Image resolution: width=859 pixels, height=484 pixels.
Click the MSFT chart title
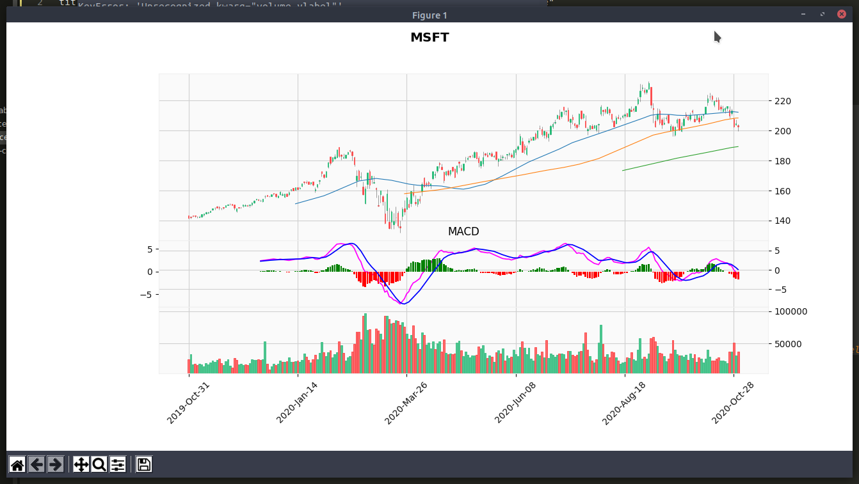coord(429,38)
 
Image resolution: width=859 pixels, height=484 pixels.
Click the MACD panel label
coord(463,231)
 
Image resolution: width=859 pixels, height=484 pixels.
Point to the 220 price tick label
coord(783,101)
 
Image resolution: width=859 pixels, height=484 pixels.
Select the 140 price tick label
coord(783,221)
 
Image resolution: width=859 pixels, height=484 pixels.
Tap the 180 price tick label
coord(783,161)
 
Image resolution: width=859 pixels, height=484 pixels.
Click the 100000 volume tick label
coord(791,312)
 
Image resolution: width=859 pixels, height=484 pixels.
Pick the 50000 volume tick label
coord(788,344)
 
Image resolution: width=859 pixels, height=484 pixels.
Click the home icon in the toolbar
coord(17,464)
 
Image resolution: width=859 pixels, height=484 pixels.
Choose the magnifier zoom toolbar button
coord(99,464)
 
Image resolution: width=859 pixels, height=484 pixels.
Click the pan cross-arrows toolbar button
coord(81,464)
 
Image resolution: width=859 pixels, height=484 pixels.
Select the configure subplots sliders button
coord(118,464)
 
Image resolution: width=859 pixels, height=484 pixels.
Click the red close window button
coord(841,15)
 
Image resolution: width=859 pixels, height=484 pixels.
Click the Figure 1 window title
coord(429,15)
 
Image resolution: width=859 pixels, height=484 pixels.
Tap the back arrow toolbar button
coord(36,464)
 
